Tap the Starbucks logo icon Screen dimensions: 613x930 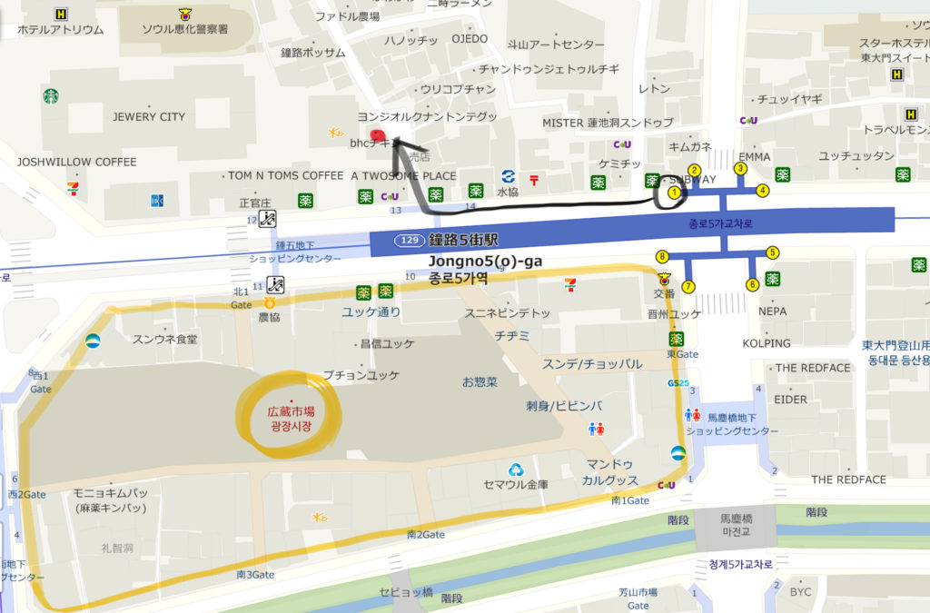[x=50, y=95]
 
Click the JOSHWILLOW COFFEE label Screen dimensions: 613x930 [x=76, y=162]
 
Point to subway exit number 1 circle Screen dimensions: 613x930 [x=674, y=193]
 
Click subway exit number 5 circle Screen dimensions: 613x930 [x=773, y=252]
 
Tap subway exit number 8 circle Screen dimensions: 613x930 [x=662, y=256]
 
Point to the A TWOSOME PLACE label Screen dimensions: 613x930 [x=403, y=175]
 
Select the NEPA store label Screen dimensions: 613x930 [x=774, y=311]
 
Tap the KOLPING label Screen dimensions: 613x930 [x=767, y=343]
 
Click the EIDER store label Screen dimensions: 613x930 [x=790, y=400]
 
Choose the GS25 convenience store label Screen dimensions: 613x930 [x=678, y=383]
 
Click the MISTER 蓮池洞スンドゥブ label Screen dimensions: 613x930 [x=608, y=123]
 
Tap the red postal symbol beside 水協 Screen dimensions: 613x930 [x=534, y=180]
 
